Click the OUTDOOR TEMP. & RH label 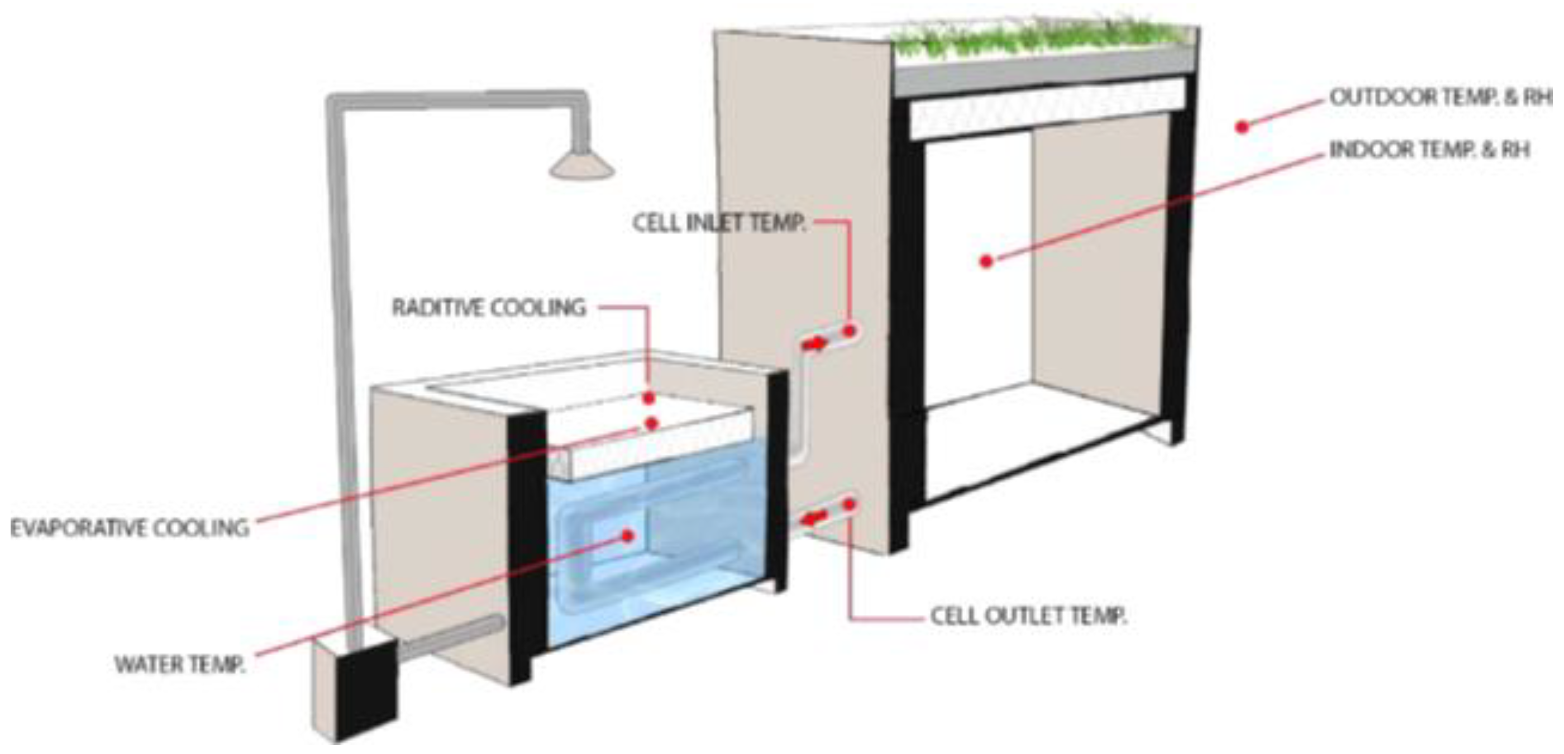point(1439,97)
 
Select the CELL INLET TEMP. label point(719,223)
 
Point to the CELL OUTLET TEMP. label point(1028,616)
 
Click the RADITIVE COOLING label point(489,308)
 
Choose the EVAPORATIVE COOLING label point(130,528)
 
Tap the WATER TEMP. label point(180,665)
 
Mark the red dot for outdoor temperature point(1242,127)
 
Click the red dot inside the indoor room point(986,261)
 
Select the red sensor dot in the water point(628,536)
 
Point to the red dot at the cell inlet point(850,331)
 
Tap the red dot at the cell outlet point(850,504)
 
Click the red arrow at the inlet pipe point(814,343)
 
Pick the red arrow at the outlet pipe point(814,518)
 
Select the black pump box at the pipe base point(366,689)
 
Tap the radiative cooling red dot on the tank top point(649,398)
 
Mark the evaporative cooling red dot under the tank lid point(651,423)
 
